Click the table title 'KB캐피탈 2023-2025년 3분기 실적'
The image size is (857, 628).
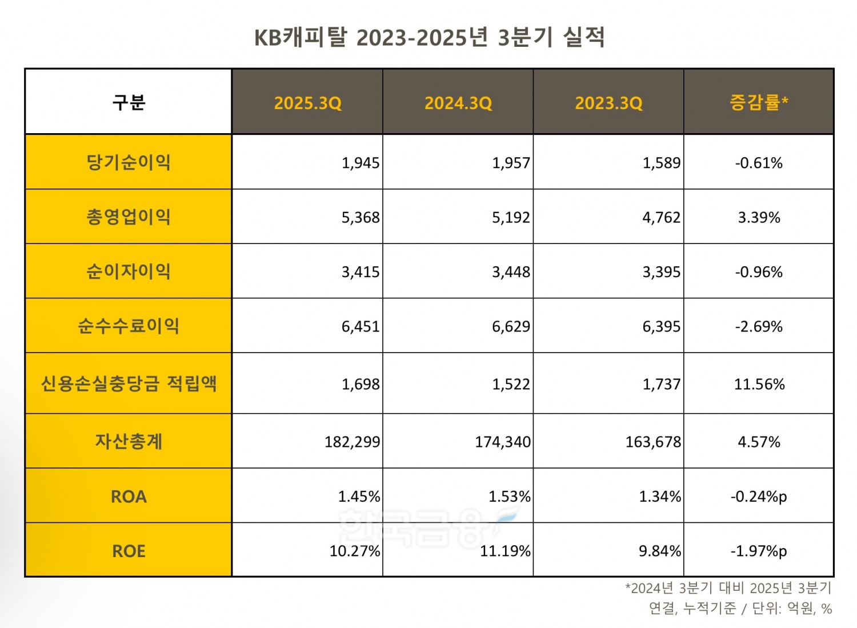click(x=429, y=37)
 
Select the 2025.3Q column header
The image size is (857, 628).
click(x=307, y=103)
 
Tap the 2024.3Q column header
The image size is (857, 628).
click(x=458, y=103)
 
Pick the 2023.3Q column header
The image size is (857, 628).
click(x=608, y=103)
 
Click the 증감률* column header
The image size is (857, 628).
click(x=759, y=103)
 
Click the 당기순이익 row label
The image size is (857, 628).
click(x=129, y=162)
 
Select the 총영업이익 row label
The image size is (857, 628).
click(x=129, y=217)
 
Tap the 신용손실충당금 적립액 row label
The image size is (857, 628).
click(x=129, y=383)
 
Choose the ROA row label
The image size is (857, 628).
click(x=129, y=497)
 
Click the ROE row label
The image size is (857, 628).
click(x=129, y=551)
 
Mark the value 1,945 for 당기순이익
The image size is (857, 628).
click(x=361, y=163)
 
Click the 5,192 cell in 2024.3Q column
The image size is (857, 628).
click(x=511, y=218)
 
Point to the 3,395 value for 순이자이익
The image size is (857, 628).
click(x=661, y=272)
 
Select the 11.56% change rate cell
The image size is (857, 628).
click(x=759, y=384)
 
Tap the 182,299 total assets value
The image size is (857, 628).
click(x=352, y=442)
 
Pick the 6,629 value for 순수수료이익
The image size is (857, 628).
click(x=511, y=327)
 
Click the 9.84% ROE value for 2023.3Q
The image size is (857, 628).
click(x=659, y=551)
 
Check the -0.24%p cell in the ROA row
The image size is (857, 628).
click(x=759, y=497)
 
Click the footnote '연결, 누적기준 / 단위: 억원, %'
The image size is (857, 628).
click(x=740, y=609)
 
